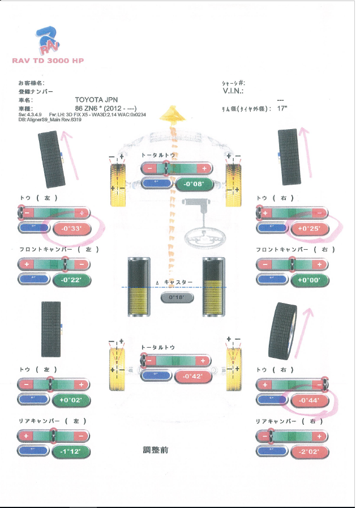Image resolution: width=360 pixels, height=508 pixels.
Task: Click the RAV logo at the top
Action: click(x=48, y=41)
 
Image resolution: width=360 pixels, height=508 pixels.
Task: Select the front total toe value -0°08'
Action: click(x=195, y=183)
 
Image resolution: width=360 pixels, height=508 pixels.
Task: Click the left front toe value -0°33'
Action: click(x=71, y=228)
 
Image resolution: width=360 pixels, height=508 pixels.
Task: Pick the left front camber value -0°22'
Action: click(x=71, y=280)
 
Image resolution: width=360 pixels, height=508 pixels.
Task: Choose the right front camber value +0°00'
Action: click(x=309, y=280)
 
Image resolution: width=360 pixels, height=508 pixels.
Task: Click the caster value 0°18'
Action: click(x=177, y=297)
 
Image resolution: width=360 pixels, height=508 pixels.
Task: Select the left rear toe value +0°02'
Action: click(x=71, y=400)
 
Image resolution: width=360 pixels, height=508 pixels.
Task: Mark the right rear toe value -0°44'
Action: click(x=309, y=400)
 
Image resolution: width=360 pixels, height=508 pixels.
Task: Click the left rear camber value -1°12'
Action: click(x=71, y=451)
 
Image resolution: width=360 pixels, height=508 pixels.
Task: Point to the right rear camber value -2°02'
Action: click(x=309, y=451)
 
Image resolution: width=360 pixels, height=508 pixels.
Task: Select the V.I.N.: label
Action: click(x=233, y=91)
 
